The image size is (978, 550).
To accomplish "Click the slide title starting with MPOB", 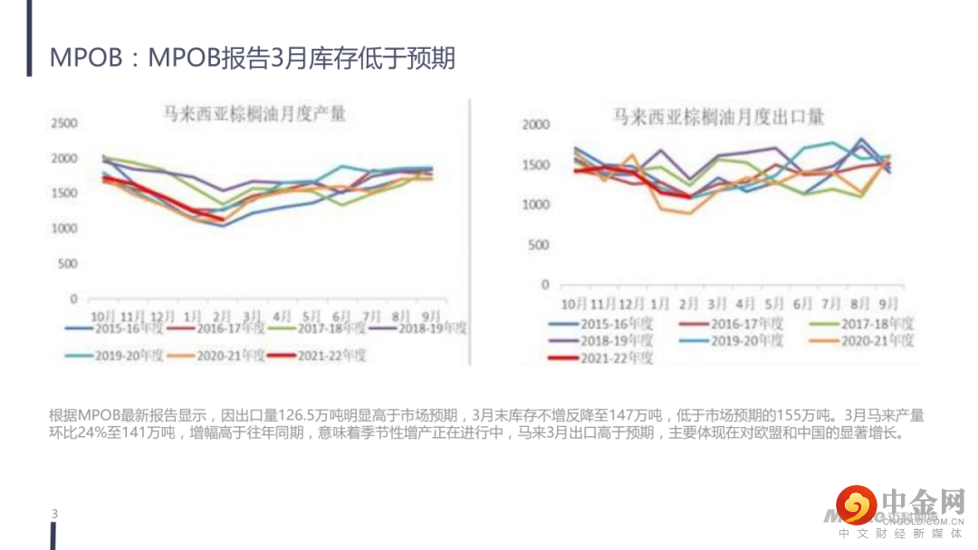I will point(252,59).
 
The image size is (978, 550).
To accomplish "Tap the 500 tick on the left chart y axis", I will point(69,263).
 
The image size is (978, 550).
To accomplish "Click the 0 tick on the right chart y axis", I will point(545,284).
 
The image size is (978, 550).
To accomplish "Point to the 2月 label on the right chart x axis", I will point(689,303).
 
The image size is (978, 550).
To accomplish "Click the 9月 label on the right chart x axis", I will point(889,303).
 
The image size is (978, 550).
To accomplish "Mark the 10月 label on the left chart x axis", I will point(102,316).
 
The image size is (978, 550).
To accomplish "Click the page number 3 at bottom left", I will point(54,515).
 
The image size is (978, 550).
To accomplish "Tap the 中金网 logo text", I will point(923,502).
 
